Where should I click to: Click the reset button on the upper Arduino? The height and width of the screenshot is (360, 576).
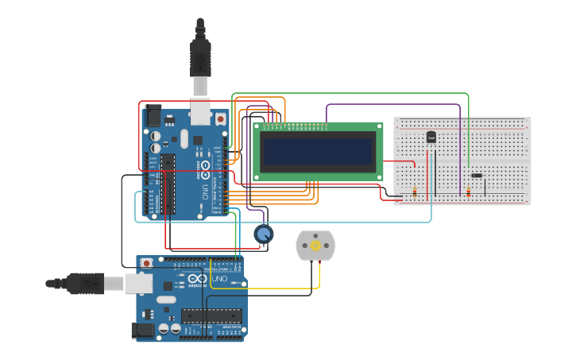click(x=220, y=118)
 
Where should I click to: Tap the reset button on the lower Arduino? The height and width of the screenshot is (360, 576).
click(x=147, y=262)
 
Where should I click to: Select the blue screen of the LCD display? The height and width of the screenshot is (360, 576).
click(x=319, y=151)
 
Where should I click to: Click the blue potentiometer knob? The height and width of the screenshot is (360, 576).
click(x=264, y=234)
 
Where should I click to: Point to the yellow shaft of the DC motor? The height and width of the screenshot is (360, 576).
click(x=315, y=246)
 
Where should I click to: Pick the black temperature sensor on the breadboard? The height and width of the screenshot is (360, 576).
click(x=431, y=137)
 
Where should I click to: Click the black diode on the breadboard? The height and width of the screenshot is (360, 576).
click(x=476, y=176)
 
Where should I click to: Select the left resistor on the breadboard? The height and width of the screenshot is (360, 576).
click(x=416, y=192)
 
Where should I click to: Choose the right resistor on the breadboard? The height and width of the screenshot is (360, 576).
click(x=468, y=192)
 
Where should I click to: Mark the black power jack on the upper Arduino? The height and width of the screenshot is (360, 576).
click(x=152, y=114)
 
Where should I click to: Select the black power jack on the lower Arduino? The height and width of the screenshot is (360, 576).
click(x=144, y=329)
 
